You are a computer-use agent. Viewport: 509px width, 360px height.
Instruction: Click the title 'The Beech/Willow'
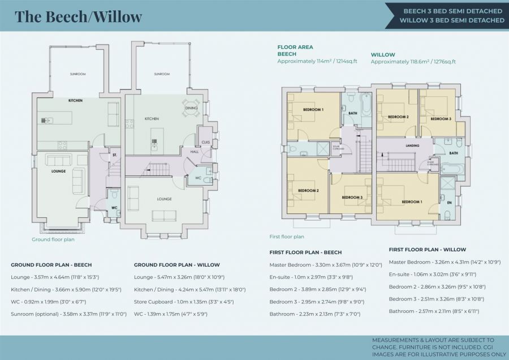tap(78, 16)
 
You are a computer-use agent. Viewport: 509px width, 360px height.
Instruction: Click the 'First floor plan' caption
tap(287, 237)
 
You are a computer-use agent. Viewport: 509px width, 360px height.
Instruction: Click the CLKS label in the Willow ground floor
tap(205, 142)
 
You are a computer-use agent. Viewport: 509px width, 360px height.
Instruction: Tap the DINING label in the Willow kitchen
tap(191, 108)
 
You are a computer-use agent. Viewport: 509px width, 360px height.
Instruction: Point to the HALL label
tap(195, 152)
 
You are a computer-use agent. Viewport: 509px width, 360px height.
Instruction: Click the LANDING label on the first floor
tap(412, 145)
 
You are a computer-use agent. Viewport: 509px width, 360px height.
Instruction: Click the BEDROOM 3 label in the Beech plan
tap(352, 197)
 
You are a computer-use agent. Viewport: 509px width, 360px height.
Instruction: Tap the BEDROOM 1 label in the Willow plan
tap(411, 202)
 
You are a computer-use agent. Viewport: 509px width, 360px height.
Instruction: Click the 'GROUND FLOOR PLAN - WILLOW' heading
tap(176, 264)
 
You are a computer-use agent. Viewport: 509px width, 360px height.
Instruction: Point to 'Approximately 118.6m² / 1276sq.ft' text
tap(413, 61)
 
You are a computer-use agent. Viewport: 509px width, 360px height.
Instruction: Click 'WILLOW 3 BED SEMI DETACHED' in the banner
tap(451, 20)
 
